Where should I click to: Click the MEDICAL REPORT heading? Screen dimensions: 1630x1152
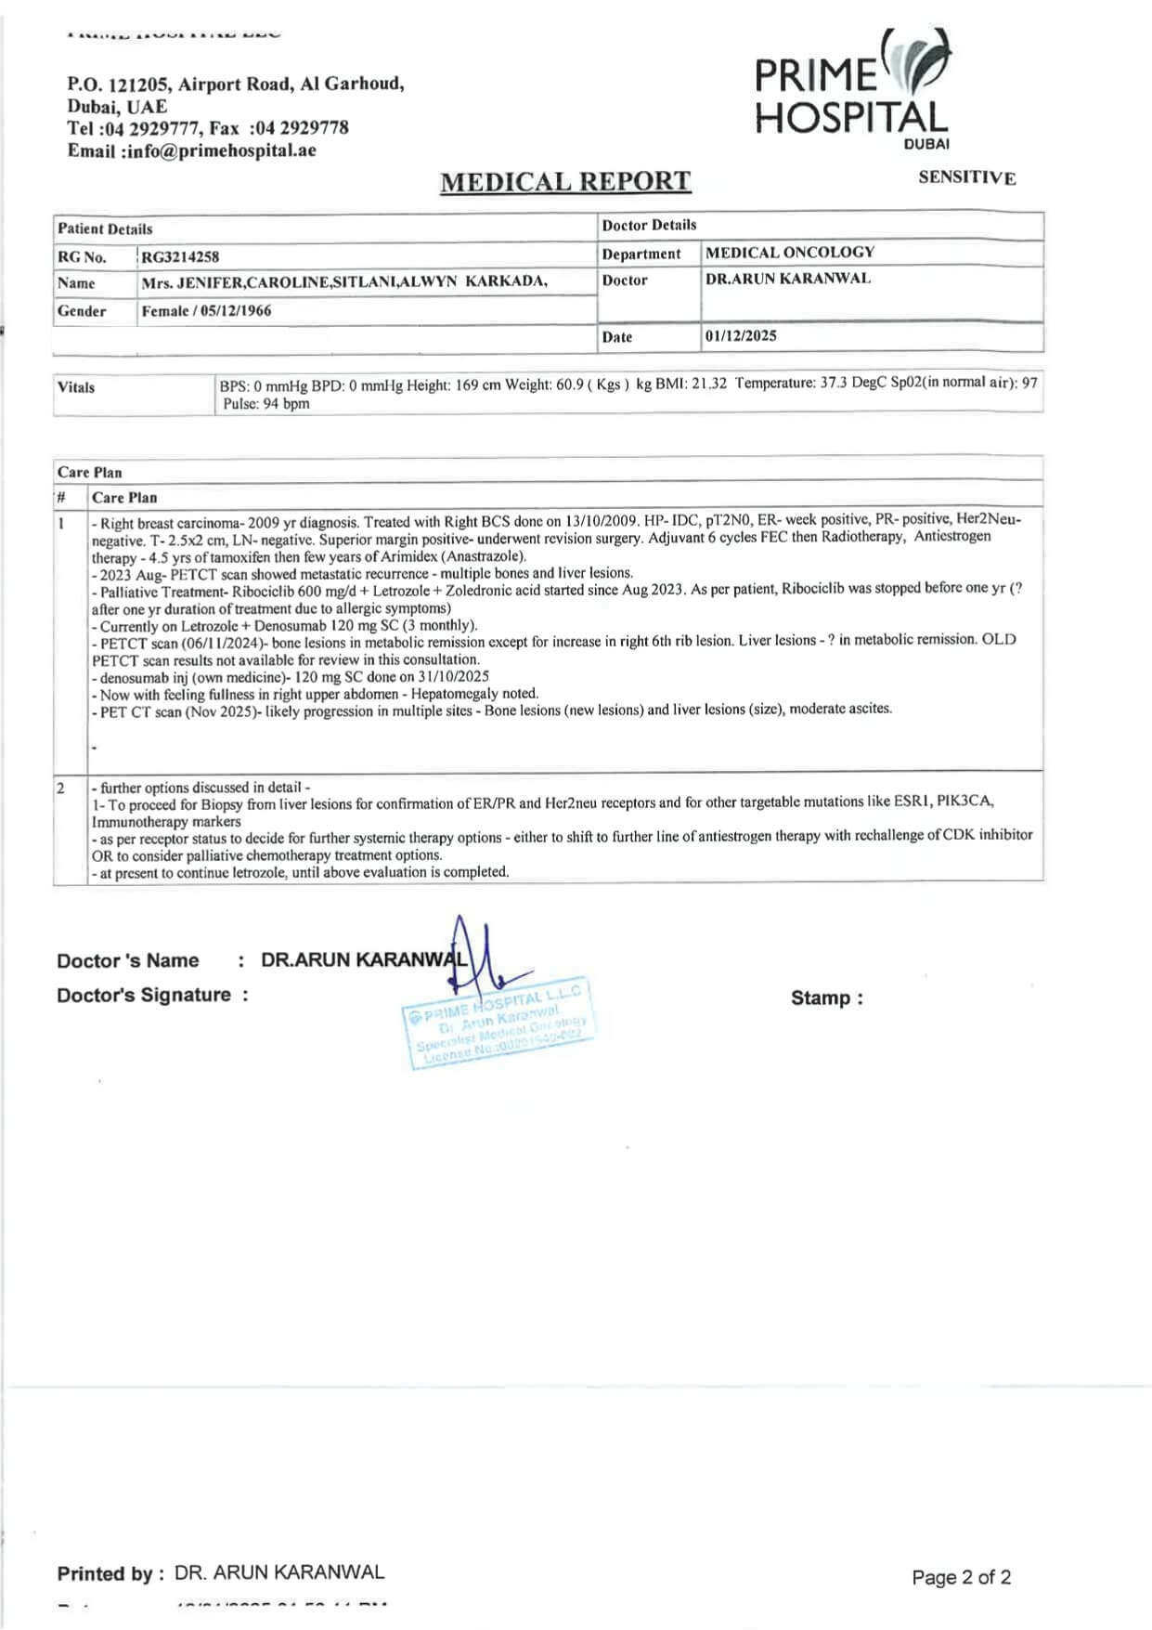(565, 181)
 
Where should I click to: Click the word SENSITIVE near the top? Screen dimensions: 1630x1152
(966, 177)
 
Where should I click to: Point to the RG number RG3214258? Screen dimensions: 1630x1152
(181, 256)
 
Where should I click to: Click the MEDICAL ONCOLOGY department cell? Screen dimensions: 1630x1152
(790, 253)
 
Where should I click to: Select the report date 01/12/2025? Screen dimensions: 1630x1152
(741, 336)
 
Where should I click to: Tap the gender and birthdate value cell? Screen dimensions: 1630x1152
(207, 311)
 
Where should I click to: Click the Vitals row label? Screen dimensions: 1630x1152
(76, 387)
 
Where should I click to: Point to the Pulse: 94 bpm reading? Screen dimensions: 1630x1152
(266, 404)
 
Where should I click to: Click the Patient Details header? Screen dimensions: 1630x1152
(105, 228)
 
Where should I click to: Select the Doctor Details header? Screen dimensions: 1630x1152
(649, 225)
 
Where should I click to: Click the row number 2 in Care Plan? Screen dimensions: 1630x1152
(61, 788)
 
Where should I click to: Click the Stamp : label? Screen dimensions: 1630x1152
(826, 998)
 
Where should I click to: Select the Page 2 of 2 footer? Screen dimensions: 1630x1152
(961, 1577)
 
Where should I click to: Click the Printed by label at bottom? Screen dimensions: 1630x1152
(110, 1573)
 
